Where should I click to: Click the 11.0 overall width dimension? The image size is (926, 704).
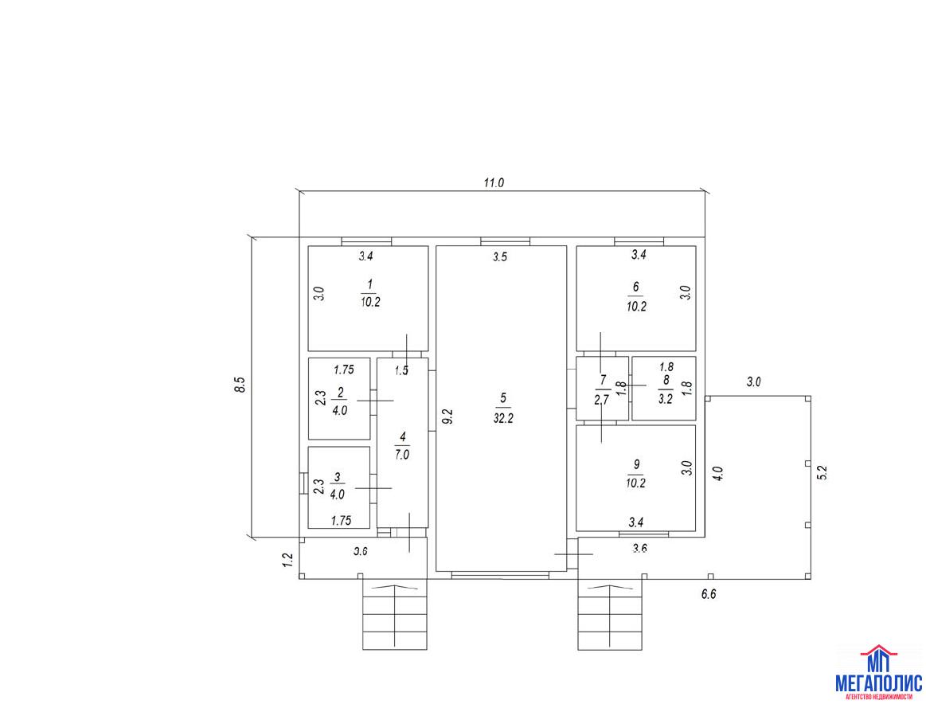[x=494, y=182]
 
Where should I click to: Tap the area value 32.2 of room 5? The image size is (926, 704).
[x=502, y=419]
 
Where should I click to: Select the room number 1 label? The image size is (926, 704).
[x=369, y=287]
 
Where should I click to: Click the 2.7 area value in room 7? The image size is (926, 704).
[x=602, y=400]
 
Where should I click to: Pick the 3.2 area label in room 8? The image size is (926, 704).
[x=666, y=399]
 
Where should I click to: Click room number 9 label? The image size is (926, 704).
[x=636, y=463]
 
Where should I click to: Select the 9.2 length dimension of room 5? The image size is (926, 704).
[x=447, y=417]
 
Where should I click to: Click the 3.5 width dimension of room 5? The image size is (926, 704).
[x=500, y=257]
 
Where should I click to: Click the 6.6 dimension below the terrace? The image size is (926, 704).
[x=709, y=595]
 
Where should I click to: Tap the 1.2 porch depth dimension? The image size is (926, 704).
[x=288, y=560]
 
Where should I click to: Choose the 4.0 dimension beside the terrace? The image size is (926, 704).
[x=718, y=474]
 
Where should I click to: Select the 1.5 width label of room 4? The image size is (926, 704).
[x=402, y=371]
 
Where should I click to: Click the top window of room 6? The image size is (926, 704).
[x=639, y=241]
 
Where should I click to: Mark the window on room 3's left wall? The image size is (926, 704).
[x=303, y=483]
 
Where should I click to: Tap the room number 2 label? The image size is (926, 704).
[x=339, y=392]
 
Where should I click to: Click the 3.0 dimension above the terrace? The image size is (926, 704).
[x=754, y=382]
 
